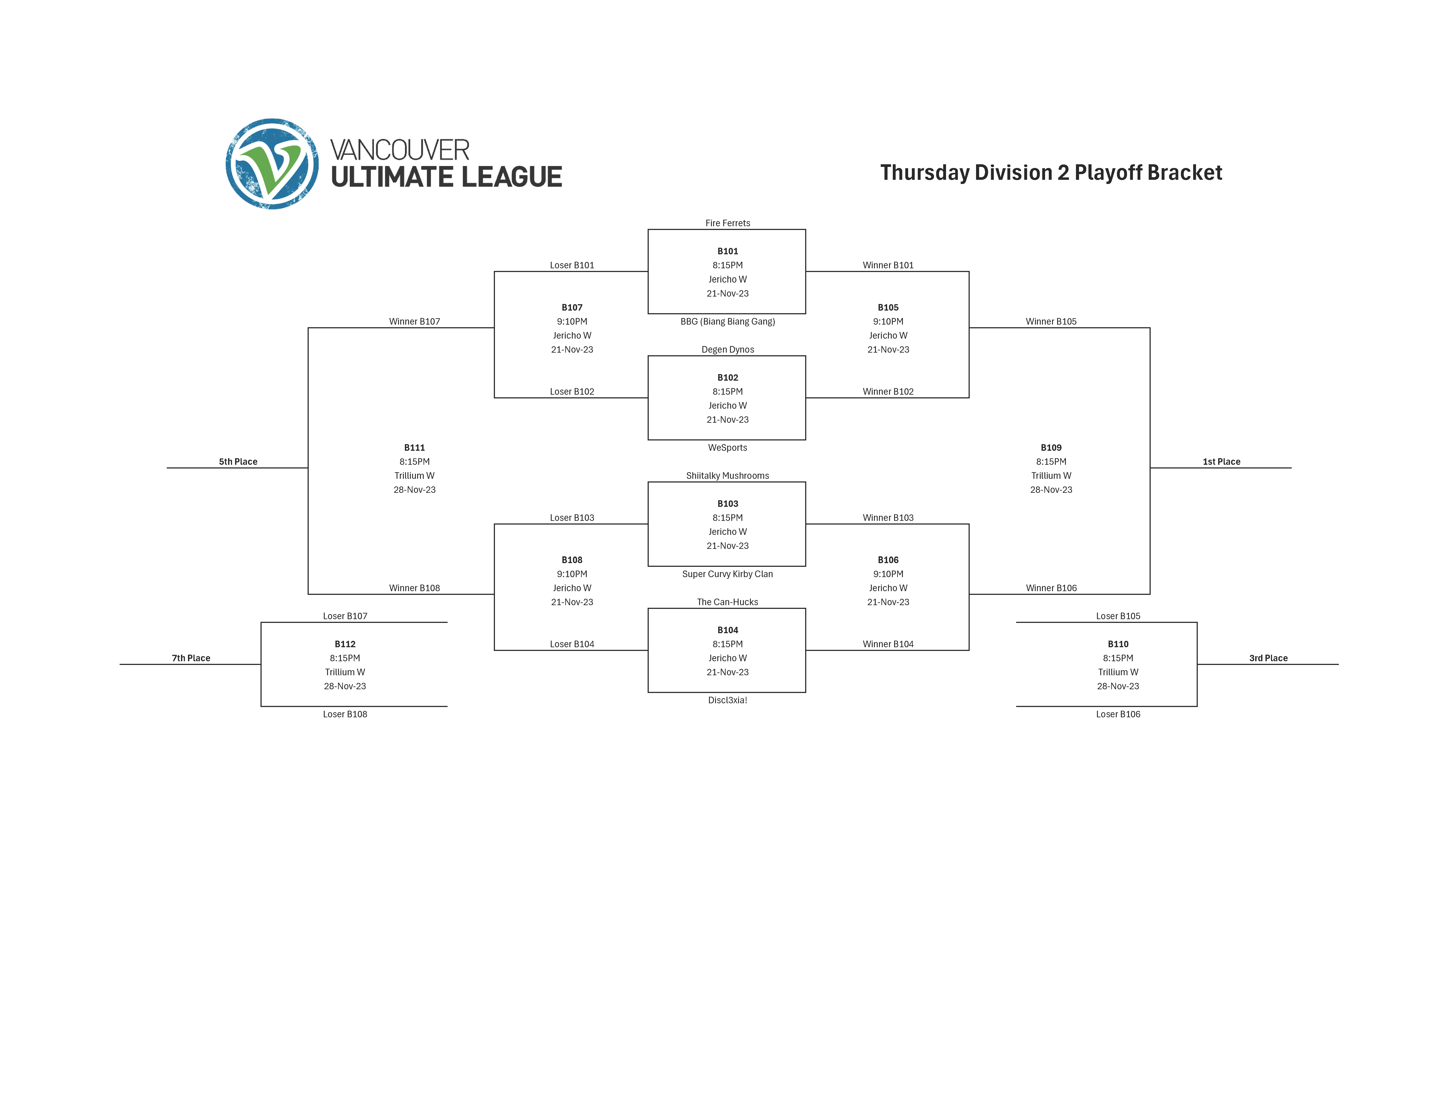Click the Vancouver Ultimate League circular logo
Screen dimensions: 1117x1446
[272, 164]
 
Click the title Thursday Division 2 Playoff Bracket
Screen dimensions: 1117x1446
[1051, 173]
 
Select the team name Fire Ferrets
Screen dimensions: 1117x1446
[728, 223]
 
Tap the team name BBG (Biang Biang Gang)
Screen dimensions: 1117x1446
[728, 322]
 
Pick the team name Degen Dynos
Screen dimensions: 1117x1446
[728, 349]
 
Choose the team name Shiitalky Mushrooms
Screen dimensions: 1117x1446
[728, 476]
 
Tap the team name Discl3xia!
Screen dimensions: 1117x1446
[728, 700]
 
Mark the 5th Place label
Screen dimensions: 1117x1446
[238, 462]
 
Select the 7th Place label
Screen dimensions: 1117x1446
[191, 658]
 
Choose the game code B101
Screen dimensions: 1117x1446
[728, 251]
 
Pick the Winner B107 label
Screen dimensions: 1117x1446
[415, 322]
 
